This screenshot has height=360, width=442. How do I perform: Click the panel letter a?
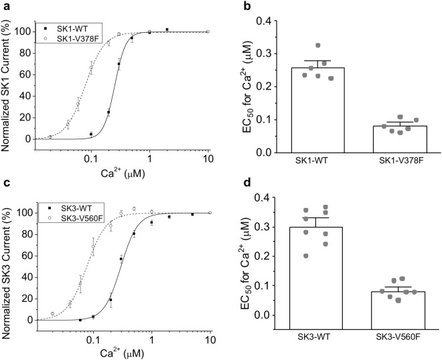click(6, 7)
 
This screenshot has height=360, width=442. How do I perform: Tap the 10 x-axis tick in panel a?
click(208, 159)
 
